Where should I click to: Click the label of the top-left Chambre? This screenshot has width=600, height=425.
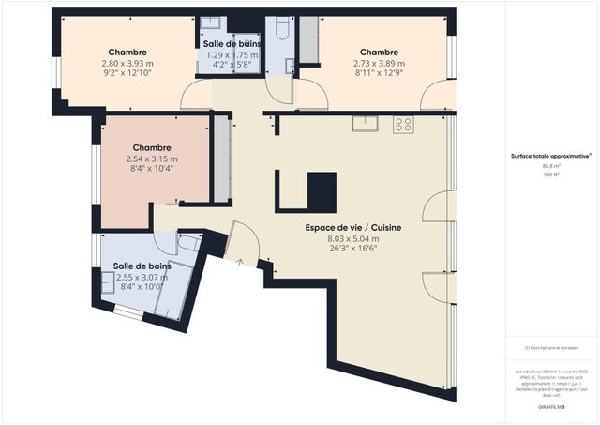click(x=127, y=53)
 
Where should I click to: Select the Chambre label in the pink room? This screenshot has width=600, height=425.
click(x=151, y=148)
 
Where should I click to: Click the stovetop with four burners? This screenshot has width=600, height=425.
click(x=403, y=123)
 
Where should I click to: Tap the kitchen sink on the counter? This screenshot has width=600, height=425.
click(x=362, y=122)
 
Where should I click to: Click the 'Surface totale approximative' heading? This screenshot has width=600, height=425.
click(x=549, y=156)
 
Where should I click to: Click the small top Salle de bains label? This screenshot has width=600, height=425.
click(x=232, y=44)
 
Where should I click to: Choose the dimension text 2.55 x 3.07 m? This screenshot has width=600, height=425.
click(x=141, y=278)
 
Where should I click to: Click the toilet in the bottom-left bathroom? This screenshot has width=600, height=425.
click(x=188, y=243)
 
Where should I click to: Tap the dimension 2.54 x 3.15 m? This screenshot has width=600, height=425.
click(x=151, y=159)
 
